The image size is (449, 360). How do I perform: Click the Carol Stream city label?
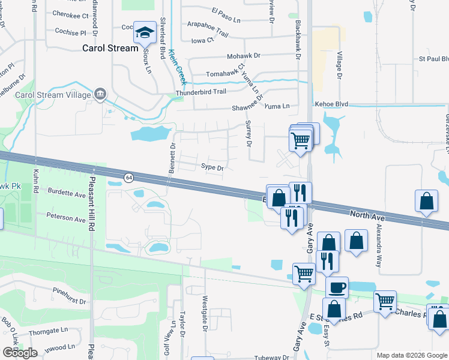(110, 48)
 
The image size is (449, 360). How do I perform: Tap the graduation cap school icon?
(145, 34)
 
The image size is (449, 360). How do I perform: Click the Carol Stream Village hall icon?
(100, 94)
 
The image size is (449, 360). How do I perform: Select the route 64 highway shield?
(128, 178)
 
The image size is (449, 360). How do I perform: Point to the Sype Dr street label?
(212, 168)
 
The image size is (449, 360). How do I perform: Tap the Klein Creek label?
(176, 67)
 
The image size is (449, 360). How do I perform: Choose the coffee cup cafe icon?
(337, 287)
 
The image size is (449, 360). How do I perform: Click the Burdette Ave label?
(67, 194)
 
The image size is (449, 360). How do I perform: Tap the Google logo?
(20, 353)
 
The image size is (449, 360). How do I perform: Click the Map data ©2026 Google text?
(412, 355)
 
